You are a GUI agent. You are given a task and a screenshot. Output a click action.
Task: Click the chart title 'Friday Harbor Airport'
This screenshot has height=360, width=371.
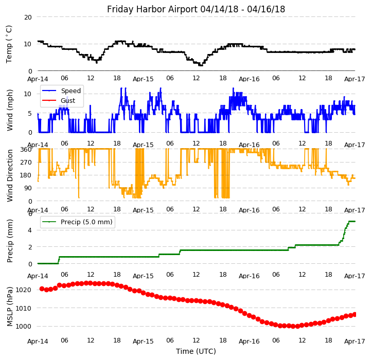pos(196,9)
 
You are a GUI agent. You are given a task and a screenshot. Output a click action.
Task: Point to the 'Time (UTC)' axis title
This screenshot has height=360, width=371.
pos(196,351)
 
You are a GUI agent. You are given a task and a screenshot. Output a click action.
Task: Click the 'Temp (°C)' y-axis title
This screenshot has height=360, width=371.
pos(9,44)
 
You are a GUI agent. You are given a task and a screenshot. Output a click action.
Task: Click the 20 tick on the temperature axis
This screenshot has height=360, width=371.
pos(28,17)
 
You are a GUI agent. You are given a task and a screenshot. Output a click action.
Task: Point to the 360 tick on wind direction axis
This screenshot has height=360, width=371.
pos(26,149)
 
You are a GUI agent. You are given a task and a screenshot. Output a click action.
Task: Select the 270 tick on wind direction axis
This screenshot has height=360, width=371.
pos(26,162)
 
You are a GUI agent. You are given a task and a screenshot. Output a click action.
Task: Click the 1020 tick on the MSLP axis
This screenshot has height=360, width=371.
pos(24,290)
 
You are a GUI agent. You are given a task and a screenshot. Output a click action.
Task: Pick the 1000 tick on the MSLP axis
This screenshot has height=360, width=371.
pos(24,326)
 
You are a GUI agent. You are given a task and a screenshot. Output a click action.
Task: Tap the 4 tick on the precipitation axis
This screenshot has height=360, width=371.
pos(30,230)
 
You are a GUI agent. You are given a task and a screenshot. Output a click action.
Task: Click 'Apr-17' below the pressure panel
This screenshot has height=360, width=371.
pos(355,341)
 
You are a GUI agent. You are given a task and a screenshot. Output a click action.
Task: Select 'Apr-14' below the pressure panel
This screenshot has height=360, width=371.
pos(38,341)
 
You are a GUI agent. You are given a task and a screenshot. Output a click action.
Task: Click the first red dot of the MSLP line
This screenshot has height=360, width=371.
pos(42,289)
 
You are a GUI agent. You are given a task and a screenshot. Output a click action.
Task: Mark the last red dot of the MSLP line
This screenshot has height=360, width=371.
pos(355,314)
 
